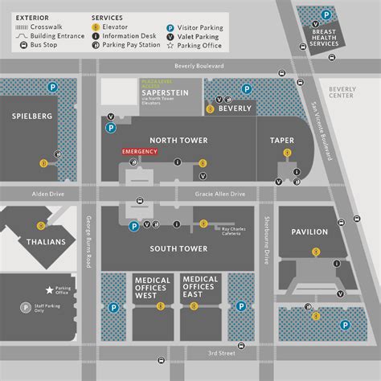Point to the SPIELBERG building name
tap(32, 115)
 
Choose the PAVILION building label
tap(309, 231)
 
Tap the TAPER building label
tap(282, 140)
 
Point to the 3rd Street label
tap(220, 353)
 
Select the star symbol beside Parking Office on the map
tap(50, 289)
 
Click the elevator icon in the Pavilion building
tap(316, 252)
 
